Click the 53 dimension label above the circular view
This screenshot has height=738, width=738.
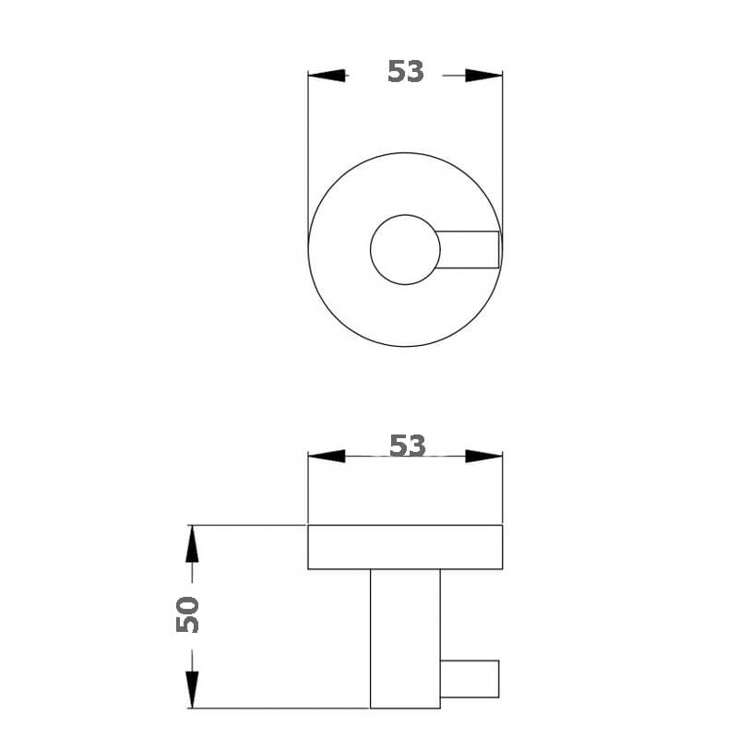[x=405, y=72]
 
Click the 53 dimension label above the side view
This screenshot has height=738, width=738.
[x=407, y=446]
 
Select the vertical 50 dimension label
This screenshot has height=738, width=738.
[x=188, y=614]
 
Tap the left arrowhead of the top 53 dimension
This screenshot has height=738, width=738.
[x=327, y=76]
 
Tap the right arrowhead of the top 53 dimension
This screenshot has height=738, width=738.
[x=483, y=76]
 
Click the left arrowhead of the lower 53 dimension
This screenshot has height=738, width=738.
[x=326, y=456]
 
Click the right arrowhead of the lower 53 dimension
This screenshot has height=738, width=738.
[x=483, y=456]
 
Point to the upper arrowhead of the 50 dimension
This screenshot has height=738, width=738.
[x=192, y=545]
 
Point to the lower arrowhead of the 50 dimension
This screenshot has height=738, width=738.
[x=192, y=688]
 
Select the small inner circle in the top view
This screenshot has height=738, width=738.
[x=404, y=249]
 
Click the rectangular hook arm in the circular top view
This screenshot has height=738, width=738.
[x=469, y=249]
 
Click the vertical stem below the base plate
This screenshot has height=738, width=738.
[x=405, y=637]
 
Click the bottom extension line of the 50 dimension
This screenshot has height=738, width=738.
[x=277, y=708]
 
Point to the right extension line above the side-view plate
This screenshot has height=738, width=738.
[x=503, y=489]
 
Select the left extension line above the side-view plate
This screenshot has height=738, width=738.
[x=307, y=489]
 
